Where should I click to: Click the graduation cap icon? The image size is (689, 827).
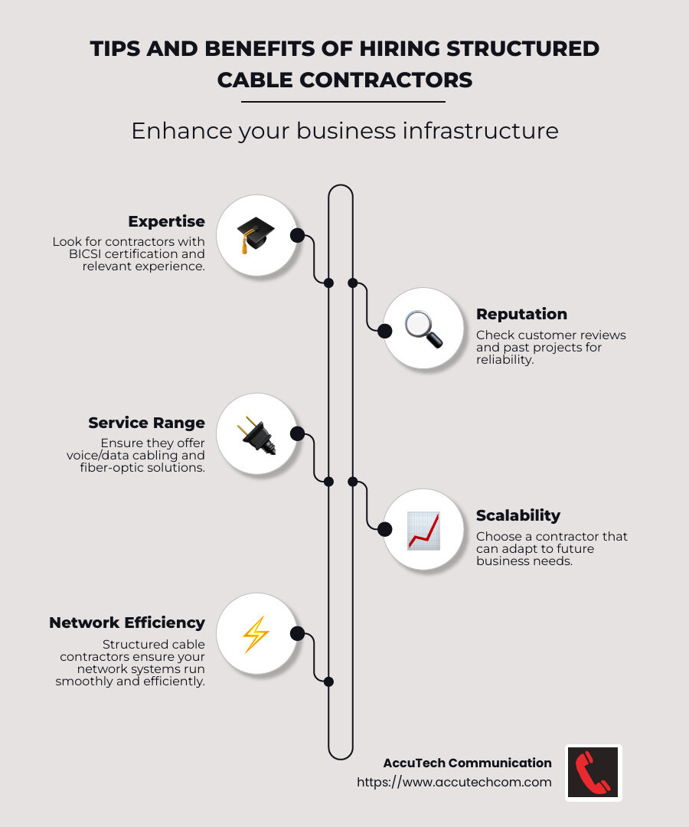point(256,234)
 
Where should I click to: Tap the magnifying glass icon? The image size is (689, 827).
point(423,329)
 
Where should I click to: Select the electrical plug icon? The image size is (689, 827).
point(256,435)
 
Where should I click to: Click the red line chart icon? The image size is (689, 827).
point(423,530)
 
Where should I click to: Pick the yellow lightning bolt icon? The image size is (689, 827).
point(256,634)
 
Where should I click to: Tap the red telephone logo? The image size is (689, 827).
point(593,773)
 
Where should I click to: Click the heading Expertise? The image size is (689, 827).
point(166,222)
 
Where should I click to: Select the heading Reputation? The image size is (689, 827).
point(521,314)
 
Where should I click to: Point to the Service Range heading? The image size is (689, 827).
point(146,423)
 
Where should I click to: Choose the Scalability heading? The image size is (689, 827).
point(518,515)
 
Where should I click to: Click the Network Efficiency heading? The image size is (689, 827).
point(127,623)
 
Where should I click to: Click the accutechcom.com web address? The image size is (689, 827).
point(454,782)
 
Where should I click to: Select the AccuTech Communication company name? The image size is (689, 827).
point(467,763)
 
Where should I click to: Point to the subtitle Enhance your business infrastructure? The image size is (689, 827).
point(344,131)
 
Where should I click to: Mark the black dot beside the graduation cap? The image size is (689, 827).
point(297,235)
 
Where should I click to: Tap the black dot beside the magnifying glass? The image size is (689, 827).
point(384,330)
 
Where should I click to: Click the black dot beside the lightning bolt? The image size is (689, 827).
point(297,634)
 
